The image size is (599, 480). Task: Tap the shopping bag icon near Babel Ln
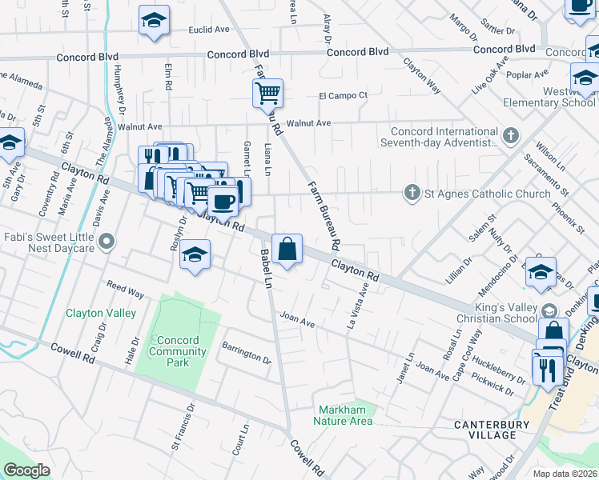point(287,249)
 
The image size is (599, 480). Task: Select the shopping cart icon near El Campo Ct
point(268,93)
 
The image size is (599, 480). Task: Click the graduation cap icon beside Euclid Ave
point(154,21)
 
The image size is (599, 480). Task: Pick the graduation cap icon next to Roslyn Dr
point(193,255)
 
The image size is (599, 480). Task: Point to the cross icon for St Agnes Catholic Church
point(412,193)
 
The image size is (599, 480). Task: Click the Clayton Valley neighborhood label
point(101,313)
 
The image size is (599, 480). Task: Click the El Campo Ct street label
point(343,95)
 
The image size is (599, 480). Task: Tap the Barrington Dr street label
point(247,354)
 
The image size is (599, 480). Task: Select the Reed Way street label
point(125,290)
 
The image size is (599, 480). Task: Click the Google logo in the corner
point(26,470)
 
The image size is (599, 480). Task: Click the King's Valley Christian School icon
point(549,310)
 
